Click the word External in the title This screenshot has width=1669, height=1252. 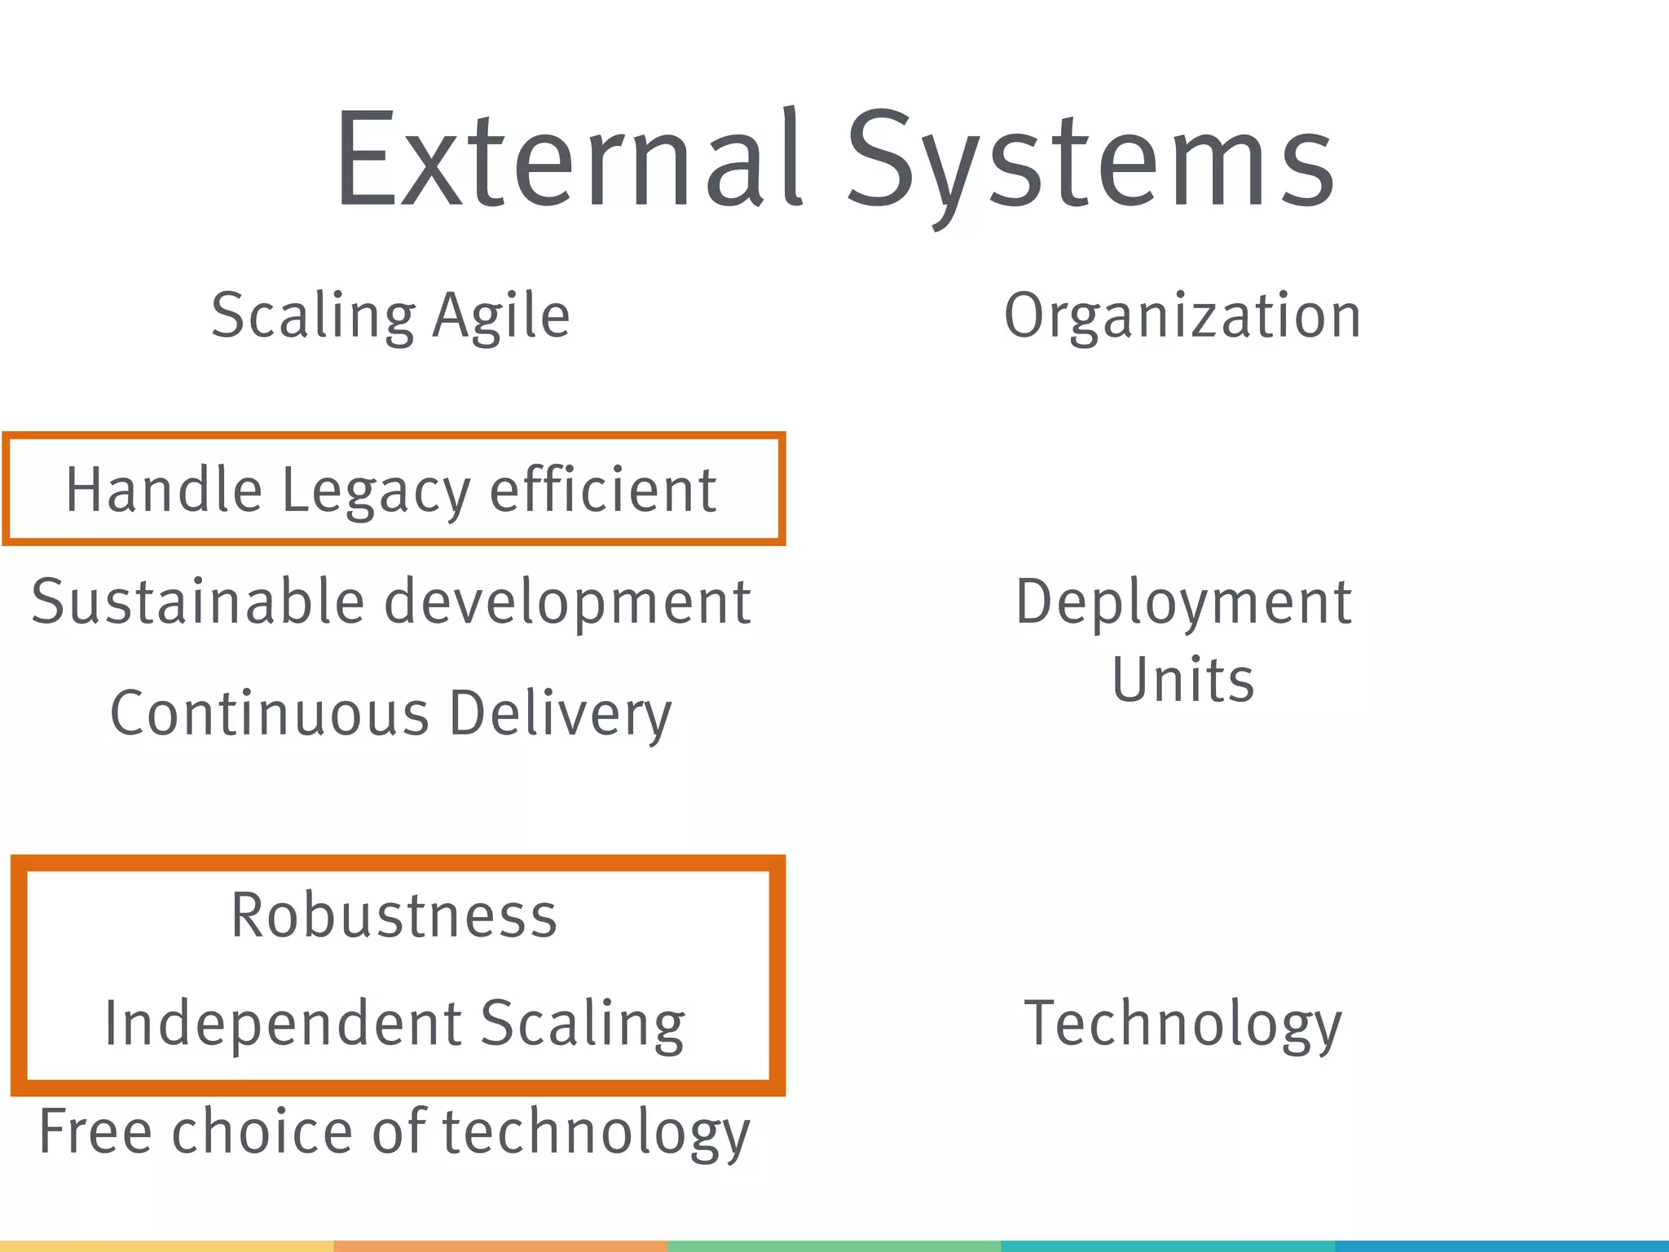tap(570, 159)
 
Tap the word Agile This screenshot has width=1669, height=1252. tap(501, 316)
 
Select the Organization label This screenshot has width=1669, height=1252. tap(1182, 316)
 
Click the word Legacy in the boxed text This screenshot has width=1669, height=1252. tap(376, 491)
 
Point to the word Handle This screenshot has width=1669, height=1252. tap(164, 491)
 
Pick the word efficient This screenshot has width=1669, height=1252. tap(603, 491)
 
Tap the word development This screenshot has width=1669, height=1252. tap(567, 602)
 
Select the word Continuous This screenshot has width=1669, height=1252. tap(270, 713)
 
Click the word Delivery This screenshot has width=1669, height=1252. tap(561, 713)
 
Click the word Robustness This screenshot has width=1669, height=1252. tap(394, 915)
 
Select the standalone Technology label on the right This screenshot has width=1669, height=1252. tap(1182, 1024)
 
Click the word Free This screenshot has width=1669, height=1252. tap(95, 1132)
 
